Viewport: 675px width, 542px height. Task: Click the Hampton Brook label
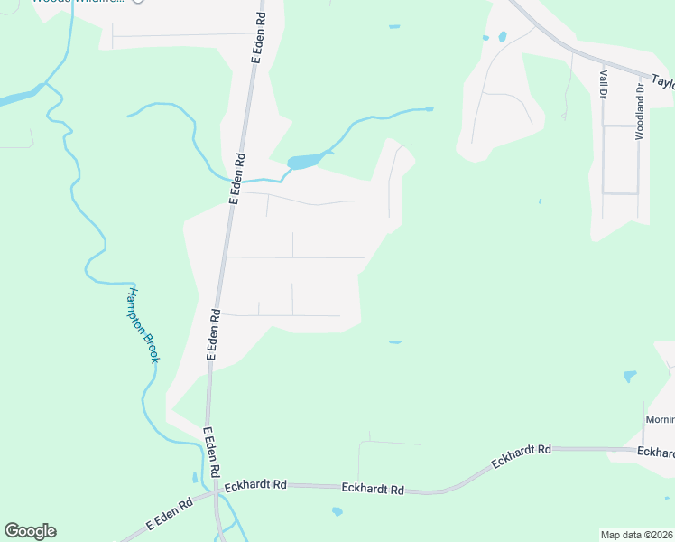pyautogui.click(x=142, y=325)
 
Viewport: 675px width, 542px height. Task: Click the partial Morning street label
pyautogui.click(x=659, y=420)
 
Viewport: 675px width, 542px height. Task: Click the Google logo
pyautogui.click(x=30, y=531)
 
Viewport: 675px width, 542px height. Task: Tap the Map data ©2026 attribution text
pyautogui.click(x=637, y=535)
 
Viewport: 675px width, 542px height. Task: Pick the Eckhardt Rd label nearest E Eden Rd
pyautogui.click(x=255, y=485)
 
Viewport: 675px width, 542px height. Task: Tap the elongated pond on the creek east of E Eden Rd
pyautogui.click(x=304, y=162)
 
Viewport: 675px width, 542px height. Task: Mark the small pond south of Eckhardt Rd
pyautogui.click(x=337, y=512)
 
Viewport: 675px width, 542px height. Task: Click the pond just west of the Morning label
pyautogui.click(x=630, y=376)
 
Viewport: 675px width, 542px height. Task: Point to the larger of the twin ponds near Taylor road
pyautogui.click(x=502, y=37)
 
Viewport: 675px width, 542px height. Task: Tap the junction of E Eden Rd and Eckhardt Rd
pyautogui.click(x=214, y=493)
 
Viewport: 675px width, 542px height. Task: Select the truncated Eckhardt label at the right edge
pyautogui.click(x=656, y=452)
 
